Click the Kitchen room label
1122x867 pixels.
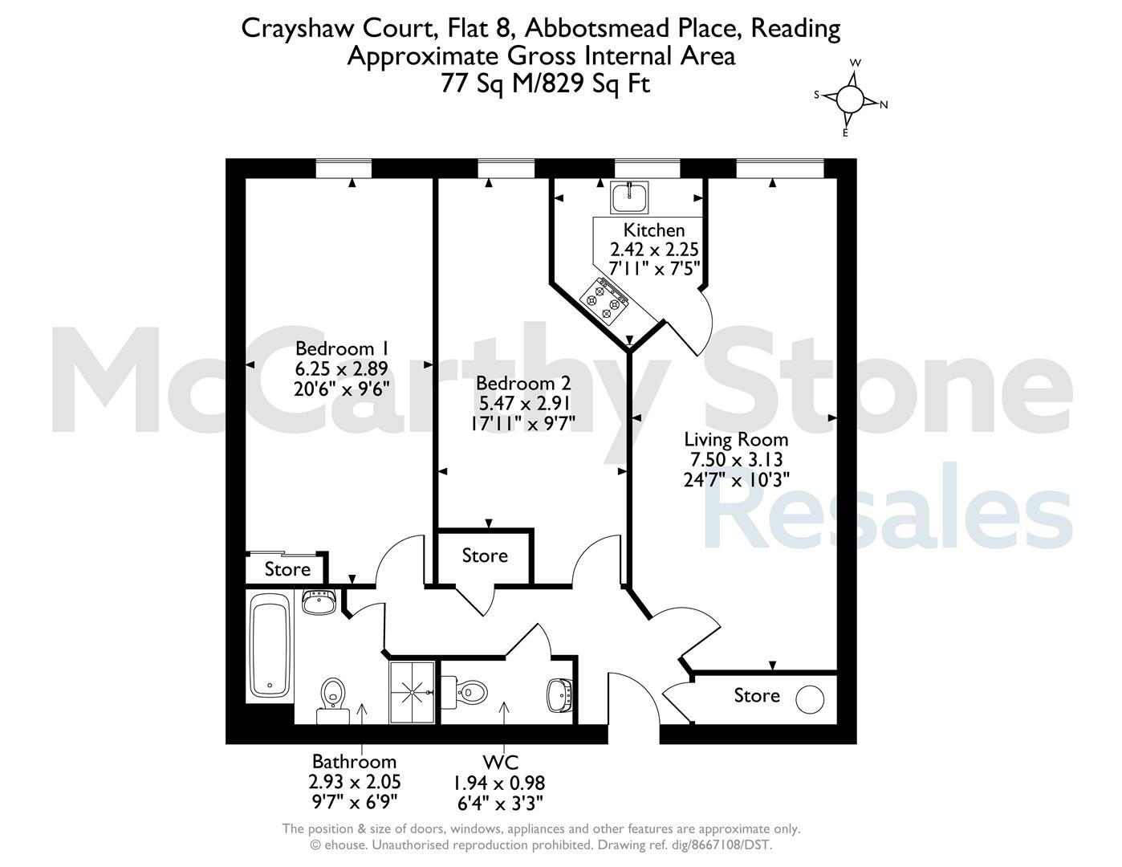point(653,230)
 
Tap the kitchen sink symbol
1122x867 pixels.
point(629,197)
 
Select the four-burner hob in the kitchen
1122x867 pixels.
point(604,300)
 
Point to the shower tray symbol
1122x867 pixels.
point(412,692)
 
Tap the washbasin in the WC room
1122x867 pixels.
point(559,695)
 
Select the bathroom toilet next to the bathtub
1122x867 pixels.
point(333,701)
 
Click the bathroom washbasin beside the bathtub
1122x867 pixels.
point(319,602)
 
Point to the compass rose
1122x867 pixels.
point(850,98)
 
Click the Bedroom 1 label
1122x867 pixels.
point(341,348)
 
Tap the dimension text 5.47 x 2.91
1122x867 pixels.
point(523,403)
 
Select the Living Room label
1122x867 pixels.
point(736,439)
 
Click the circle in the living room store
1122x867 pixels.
point(810,700)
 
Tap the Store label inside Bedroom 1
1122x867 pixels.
point(287,569)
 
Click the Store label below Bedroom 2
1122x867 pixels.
point(485,556)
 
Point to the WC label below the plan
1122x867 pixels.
point(500,762)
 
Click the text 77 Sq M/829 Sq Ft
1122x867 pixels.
point(545,83)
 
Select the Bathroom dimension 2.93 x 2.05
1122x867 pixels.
point(354,782)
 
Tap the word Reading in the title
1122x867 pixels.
point(795,30)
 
